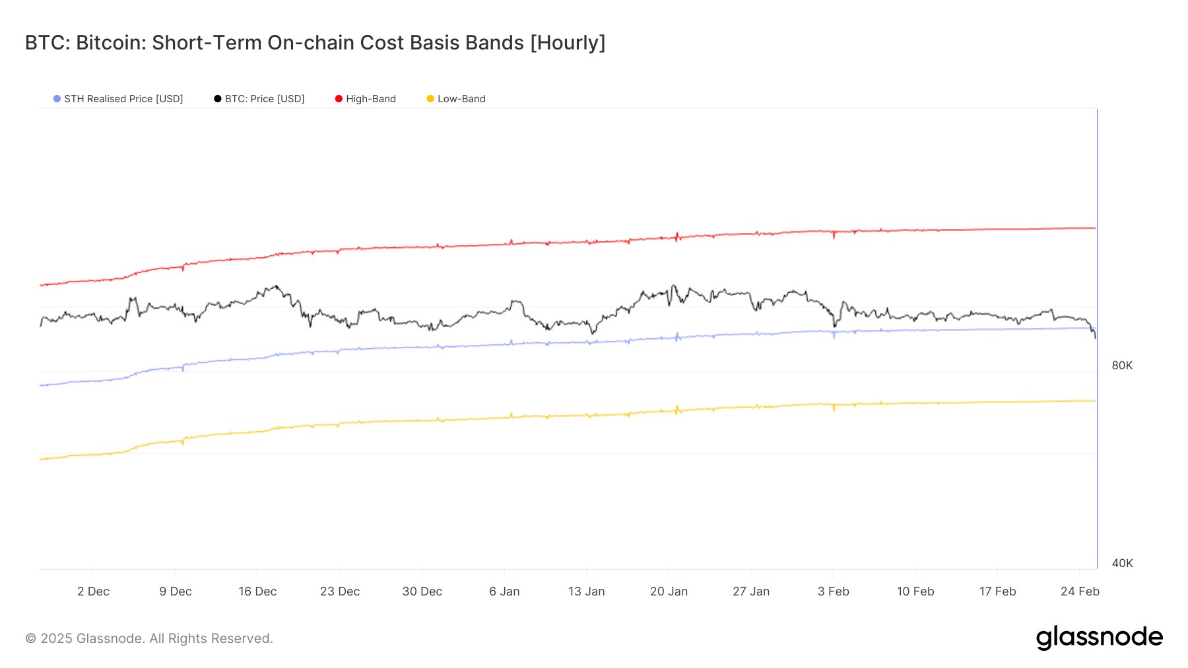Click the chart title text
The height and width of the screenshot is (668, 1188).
coord(315,43)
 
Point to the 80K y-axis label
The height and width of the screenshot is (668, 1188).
coord(1122,365)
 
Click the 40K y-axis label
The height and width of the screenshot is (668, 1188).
coord(1122,563)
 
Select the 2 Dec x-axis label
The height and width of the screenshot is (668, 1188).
coord(93,592)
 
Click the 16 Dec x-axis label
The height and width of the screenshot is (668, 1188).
coord(257,592)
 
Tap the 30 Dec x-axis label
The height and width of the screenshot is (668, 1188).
coord(422,592)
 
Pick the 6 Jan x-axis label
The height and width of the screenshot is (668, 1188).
coord(504,592)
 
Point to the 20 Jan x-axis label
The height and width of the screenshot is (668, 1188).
coord(669,592)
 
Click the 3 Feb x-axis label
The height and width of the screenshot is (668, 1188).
coord(833,592)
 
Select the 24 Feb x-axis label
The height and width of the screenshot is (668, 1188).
coord(1080,592)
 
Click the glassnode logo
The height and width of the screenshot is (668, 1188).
coord(1099,638)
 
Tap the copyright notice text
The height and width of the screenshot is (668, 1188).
coord(149,638)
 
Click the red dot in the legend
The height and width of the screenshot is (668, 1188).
coord(339,99)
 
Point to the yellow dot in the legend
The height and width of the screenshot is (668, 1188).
coord(430,99)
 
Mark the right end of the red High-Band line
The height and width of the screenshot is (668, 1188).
coord(1095,228)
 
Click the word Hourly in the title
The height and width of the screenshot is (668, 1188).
coord(568,43)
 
